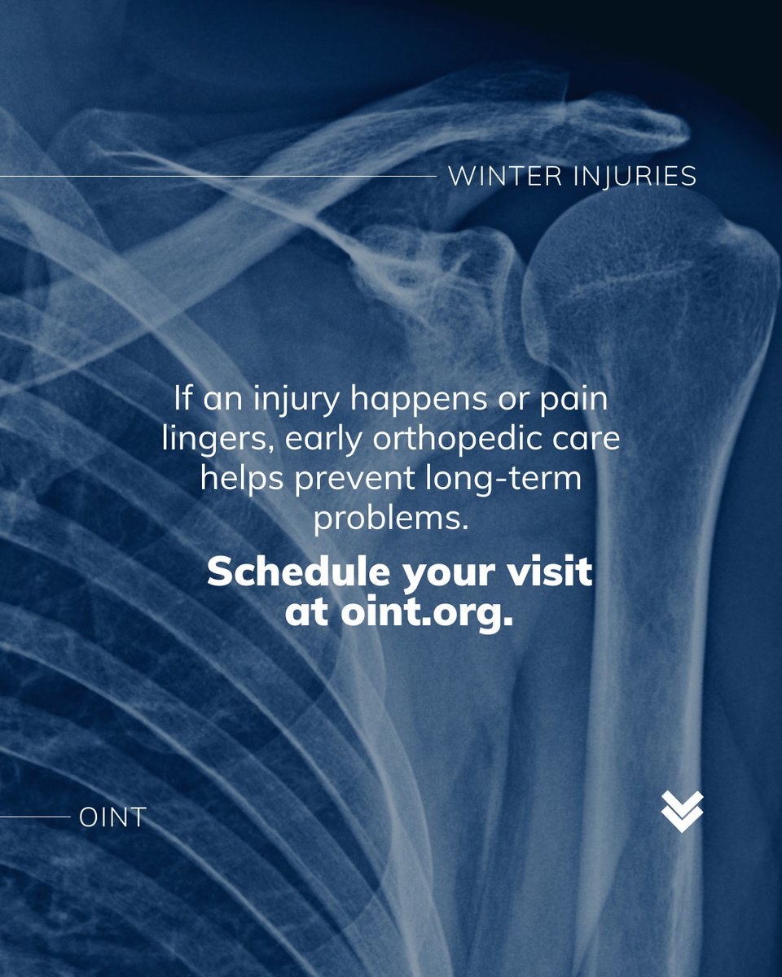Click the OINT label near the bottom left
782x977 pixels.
coord(112,817)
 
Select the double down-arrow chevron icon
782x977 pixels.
coord(682,812)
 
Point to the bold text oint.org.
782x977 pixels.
coord(422,612)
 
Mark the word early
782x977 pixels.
coord(331,440)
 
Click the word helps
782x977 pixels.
coord(242,479)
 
